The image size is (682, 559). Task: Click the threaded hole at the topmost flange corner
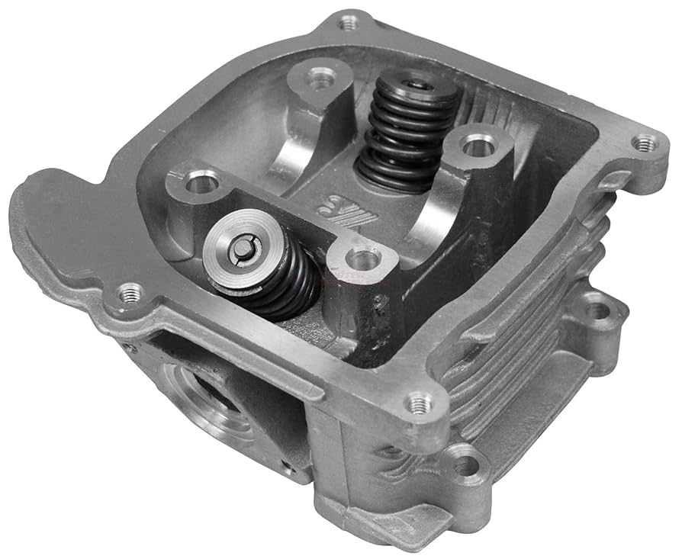click(x=348, y=23)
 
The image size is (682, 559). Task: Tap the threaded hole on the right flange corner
click(x=645, y=143)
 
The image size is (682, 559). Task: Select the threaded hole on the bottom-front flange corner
click(x=418, y=404)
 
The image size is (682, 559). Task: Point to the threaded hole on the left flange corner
click(x=130, y=292)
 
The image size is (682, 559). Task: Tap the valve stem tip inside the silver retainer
click(x=249, y=246)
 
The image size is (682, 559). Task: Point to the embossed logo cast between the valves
click(x=339, y=207)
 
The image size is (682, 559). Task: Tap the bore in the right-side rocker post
click(x=478, y=143)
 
